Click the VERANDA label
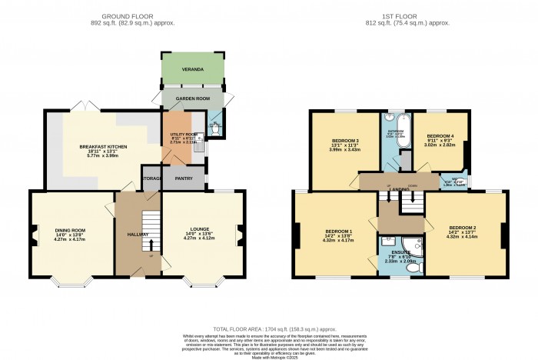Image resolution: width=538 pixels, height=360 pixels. pos(191,70)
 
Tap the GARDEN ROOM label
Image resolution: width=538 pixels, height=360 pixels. pos(191,100)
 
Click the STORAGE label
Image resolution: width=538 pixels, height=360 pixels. pos(151,178)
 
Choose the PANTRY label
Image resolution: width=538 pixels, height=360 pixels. pos(184,178)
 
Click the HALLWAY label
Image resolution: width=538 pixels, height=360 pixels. pos(138,235)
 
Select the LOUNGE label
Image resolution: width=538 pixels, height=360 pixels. pos(200,229)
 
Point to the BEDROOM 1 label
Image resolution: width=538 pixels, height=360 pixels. pos(339,232)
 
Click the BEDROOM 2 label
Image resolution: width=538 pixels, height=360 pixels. pos(463,228)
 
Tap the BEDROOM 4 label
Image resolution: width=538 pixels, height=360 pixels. pos(440,135)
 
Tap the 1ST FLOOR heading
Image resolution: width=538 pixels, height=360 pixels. pos(400,15)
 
